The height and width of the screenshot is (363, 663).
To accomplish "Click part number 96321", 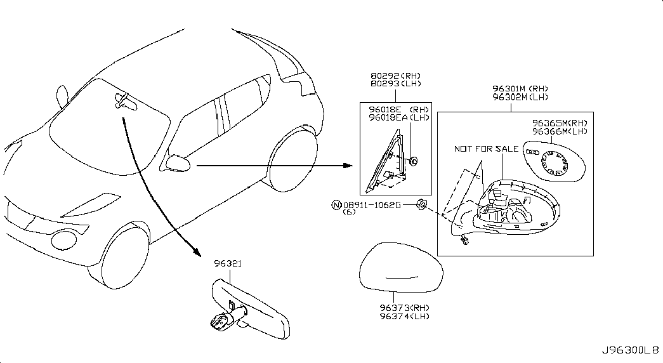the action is click(x=228, y=263).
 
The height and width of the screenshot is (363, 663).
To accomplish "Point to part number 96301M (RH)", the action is click(x=520, y=89).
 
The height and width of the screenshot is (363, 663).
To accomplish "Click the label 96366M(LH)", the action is click(x=560, y=131).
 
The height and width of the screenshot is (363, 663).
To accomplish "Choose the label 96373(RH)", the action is click(x=404, y=308).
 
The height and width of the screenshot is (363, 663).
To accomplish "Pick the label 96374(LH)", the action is click(x=404, y=317).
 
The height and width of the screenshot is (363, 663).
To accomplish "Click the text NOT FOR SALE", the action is click(x=486, y=149).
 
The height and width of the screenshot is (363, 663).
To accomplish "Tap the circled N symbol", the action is click(x=336, y=205).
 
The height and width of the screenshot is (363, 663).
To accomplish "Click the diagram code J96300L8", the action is click(x=631, y=351).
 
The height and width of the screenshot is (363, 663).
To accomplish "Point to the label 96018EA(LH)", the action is click(x=398, y=117).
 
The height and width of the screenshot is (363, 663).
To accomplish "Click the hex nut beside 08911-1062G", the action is click(x=422, y=205).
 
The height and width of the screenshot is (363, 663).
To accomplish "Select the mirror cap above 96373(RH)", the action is click(x=401, y=267).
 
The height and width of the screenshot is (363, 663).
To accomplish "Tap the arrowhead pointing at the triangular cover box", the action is click(x=348, y=166).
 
